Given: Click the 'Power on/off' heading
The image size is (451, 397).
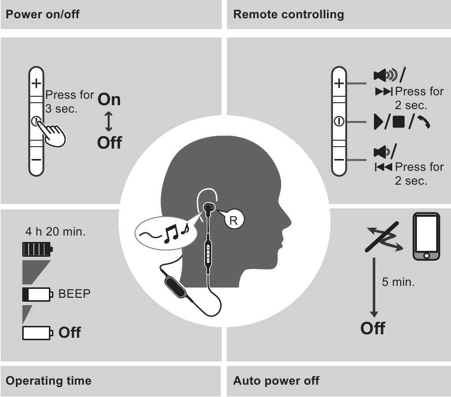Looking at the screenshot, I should [42, 14].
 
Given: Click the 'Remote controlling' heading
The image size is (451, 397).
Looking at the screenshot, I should [288, 14].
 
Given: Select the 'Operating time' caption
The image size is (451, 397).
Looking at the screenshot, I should [48, 381].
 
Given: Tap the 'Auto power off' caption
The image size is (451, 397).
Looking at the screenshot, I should [276, 381].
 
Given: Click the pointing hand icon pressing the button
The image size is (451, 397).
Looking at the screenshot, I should [55, 134].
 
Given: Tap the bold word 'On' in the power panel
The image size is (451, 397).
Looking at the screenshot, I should [109, 99].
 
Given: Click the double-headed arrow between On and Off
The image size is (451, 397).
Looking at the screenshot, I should [109, 121].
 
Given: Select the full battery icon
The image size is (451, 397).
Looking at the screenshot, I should [37, 248].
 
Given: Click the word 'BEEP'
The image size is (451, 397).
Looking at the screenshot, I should [75, 294].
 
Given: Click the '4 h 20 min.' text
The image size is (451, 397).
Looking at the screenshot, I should [55, 231].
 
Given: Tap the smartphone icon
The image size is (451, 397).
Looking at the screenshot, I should [426, 236].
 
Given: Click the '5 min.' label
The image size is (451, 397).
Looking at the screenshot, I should [398, 283].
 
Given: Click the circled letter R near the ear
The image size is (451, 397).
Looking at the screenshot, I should [234, 220].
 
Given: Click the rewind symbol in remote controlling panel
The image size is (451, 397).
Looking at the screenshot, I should [383, 167].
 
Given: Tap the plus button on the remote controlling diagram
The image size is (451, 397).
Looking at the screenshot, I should [339, 83].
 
